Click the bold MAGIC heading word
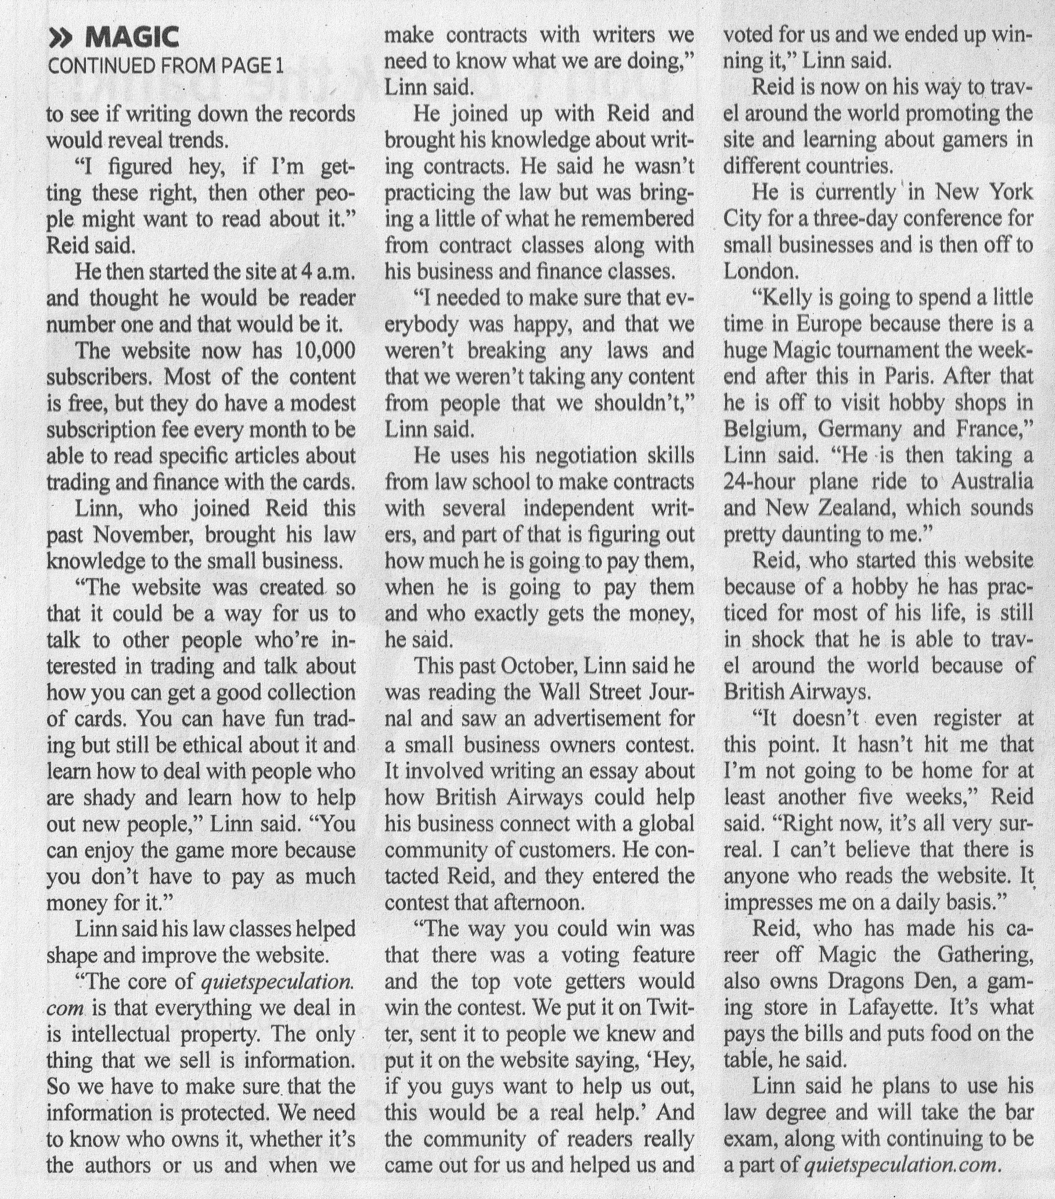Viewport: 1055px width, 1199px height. (x=132, y=39)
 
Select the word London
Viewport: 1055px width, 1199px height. (x=757, y=271)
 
